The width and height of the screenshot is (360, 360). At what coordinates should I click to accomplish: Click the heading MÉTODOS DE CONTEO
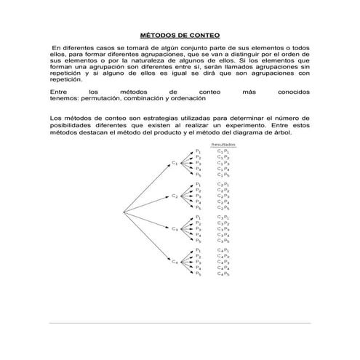(179, 35)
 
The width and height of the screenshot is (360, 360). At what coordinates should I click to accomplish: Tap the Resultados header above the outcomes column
(223, 145)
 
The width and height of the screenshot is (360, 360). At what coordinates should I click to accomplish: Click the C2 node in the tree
(175, 196)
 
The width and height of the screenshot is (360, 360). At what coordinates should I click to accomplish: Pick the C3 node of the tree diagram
(175, 229)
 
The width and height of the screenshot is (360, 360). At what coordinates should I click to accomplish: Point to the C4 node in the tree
(175, 262)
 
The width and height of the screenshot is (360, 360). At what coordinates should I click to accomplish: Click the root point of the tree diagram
(122, 212)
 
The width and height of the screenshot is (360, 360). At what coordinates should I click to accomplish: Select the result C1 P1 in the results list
(223, 151)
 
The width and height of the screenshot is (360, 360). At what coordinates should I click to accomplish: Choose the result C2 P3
(223, 196)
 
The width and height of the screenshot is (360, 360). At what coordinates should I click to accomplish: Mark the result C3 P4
(223, 234)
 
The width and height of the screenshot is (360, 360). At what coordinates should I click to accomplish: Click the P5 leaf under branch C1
(199, 175)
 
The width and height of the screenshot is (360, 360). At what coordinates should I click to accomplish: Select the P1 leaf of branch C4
(199, 249)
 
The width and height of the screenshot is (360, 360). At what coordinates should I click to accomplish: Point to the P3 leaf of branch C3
(199, 228)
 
